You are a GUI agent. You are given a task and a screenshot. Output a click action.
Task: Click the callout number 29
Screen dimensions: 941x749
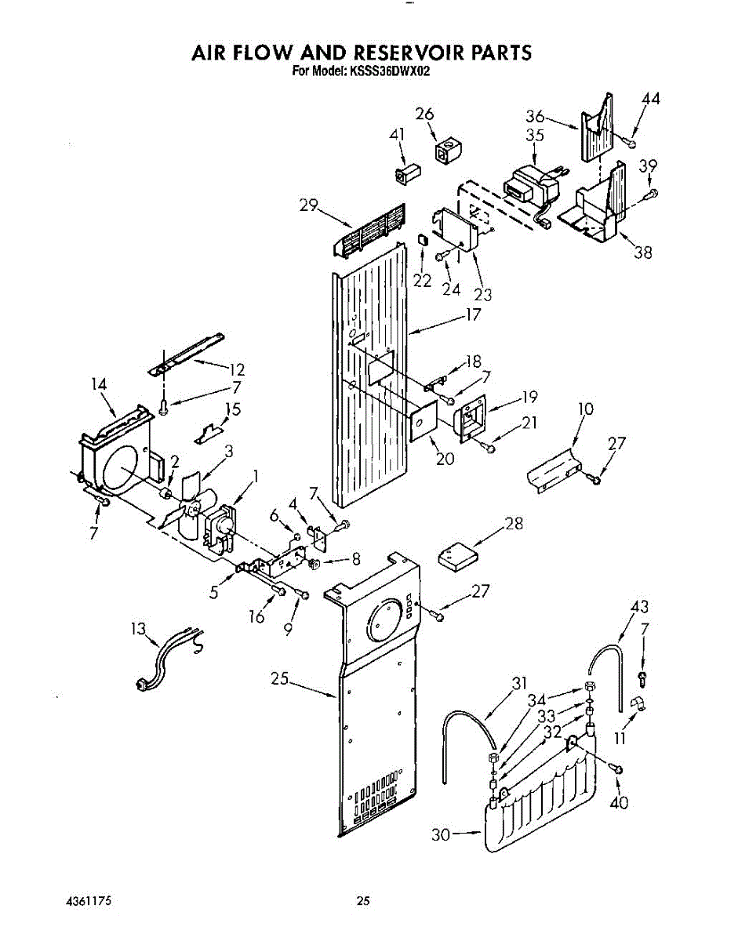point(308,205)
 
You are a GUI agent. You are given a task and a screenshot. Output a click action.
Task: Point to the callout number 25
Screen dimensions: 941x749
point(281,680)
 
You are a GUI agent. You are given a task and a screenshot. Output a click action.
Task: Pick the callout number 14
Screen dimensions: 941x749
point(98,383)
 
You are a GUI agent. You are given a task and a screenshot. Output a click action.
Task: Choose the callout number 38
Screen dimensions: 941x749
point(643,253)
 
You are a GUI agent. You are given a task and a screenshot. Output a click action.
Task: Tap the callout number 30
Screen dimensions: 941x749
point(442,835)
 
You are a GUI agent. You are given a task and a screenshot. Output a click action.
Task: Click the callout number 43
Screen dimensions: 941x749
point(640,607)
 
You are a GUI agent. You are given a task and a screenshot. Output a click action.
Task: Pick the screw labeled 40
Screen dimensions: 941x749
point(616,770)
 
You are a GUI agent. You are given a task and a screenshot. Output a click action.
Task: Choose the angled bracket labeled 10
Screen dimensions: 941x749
point(554,468)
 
